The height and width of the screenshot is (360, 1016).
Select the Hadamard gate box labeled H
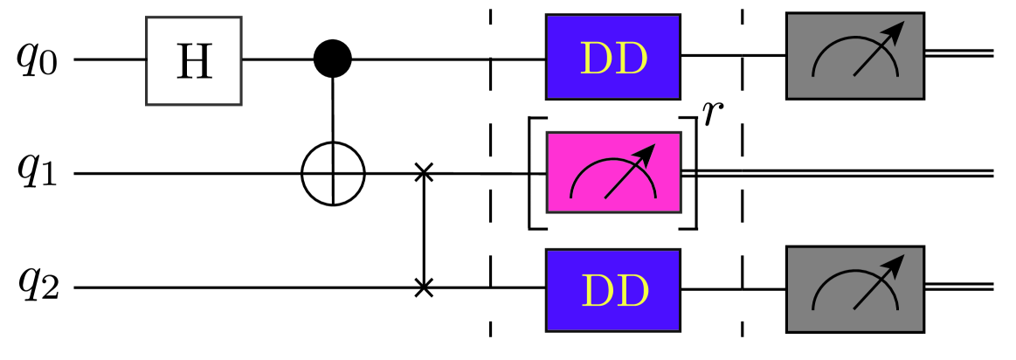pyautogui.click(x=193, y=60)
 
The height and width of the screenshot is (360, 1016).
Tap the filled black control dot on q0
pyautogui.click(x=332, y=59)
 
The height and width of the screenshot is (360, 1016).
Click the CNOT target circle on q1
pyautogui.click(x=333, y=174)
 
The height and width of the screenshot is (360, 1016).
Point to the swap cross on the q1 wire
pyautogui.click(x=424, y=173)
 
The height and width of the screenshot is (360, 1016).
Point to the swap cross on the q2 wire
pyautogui.click(x=424, y=287)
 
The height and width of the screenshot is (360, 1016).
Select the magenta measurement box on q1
pyautogui.click(x=612, y=173)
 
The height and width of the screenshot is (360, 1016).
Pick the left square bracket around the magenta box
pyautogui.click(x=533, y=173)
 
